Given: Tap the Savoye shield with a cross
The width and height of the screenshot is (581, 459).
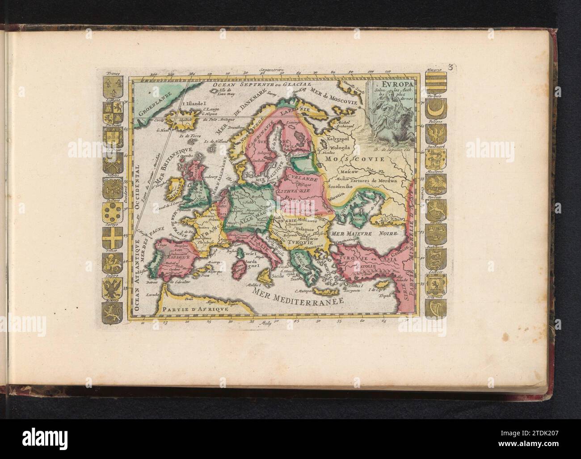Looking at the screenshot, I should (111, 235).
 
